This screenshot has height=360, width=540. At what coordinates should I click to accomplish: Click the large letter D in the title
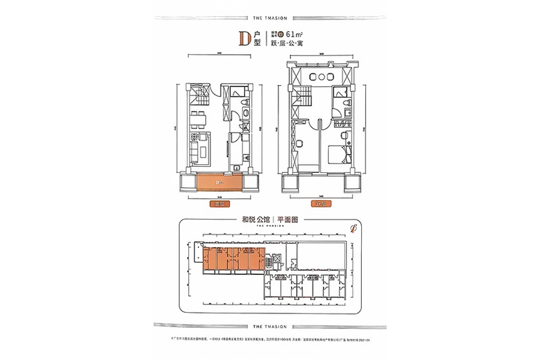click(244, 38)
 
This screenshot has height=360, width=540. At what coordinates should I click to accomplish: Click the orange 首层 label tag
click(218, 203)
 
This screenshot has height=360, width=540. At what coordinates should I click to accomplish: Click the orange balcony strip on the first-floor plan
click(219, 182)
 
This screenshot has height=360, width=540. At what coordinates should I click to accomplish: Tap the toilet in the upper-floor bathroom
click(346, 103)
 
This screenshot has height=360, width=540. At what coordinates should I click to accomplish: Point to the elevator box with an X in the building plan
click(273, 259)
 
